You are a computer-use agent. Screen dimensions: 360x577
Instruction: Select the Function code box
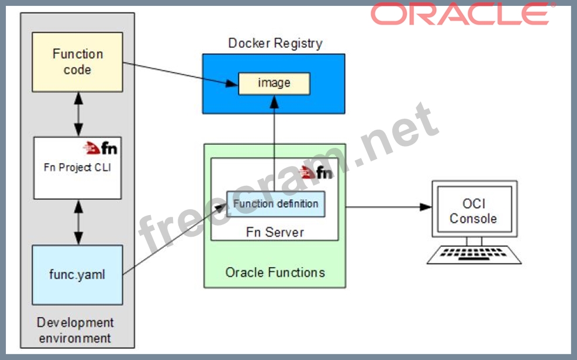(78, 62)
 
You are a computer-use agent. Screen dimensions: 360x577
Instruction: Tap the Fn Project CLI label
(78, 167)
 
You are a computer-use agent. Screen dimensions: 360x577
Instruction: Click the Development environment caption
(75, 330)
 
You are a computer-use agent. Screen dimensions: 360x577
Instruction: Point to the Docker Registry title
(275, 43)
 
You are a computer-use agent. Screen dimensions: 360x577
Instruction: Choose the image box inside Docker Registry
(274, 83)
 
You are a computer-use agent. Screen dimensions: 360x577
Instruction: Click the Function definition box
(276, 204)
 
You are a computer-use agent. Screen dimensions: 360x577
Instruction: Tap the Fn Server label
(275, 232)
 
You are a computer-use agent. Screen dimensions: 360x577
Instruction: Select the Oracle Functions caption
(275, 272)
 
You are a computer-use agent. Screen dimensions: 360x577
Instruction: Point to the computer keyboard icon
(474, 254)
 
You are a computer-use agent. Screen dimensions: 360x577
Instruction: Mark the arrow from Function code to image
(181, 73)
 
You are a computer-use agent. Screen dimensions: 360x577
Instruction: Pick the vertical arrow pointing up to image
(274, 140)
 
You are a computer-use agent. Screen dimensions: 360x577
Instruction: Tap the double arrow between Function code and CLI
(78, 114)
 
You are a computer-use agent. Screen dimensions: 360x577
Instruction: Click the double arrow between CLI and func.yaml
(78, 221)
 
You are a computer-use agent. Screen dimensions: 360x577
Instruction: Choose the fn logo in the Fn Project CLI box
(101, 147)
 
